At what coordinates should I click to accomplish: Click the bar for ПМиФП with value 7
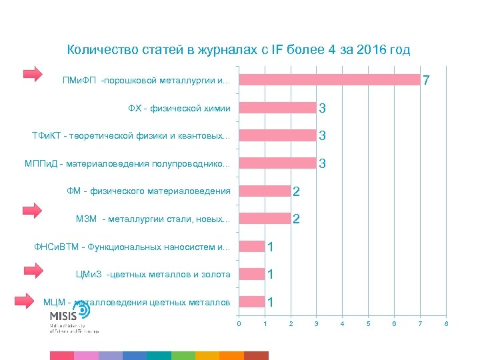329,80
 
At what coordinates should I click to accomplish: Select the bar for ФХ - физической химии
277,108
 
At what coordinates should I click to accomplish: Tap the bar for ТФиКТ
277,136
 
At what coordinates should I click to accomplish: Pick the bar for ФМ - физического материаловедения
265,191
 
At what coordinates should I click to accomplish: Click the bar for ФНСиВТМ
252,247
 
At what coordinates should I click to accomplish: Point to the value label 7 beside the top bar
426,81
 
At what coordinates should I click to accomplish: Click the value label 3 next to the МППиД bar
322,163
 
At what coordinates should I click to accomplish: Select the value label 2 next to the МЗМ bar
296,219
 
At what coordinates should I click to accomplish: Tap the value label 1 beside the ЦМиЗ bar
271,275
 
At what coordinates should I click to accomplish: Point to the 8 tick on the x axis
446,323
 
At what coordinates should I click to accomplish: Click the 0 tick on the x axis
239,323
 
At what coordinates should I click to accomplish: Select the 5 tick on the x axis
369,323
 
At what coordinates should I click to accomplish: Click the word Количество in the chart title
98,50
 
